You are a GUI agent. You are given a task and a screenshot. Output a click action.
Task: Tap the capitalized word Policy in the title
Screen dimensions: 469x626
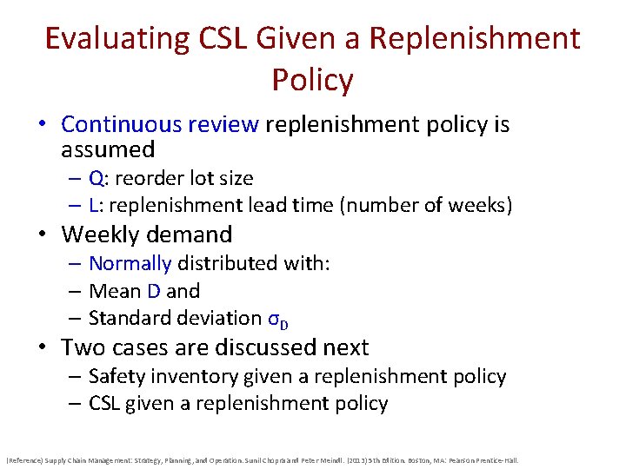point(312,81)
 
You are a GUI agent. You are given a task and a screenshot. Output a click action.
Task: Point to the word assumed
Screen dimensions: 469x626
point(108,149)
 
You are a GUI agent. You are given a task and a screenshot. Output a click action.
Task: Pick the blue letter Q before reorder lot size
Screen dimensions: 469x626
point(96,179)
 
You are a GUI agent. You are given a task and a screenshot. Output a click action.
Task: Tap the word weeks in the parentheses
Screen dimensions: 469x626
point(481,206)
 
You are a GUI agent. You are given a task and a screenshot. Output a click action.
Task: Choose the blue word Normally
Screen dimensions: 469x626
point(130,263)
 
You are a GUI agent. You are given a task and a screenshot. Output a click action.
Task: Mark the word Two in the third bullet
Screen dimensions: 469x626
point(81,347)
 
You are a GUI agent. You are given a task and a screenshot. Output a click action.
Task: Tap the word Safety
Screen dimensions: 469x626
point(117,376)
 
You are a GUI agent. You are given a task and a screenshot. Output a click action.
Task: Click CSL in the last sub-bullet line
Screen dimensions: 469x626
point(105,403)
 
